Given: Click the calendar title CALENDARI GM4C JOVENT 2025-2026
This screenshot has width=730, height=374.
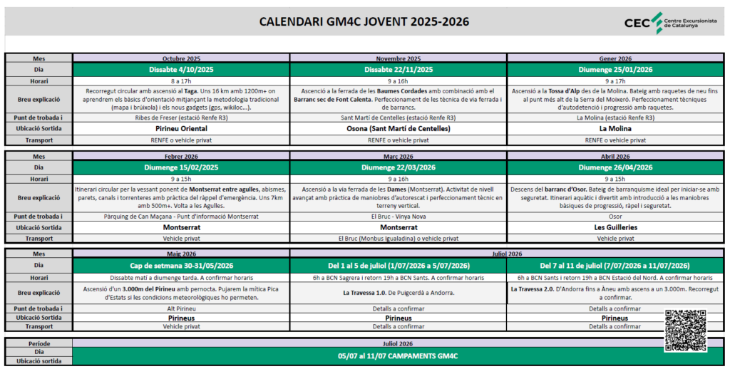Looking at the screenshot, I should tap(364, 21).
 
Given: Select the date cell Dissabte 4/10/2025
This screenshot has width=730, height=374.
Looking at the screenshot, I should tap(181, 70).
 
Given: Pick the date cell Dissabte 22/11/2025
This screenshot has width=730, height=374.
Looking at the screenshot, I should tap(399, 70).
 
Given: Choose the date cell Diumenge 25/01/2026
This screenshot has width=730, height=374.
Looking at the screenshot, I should tap(616, 70).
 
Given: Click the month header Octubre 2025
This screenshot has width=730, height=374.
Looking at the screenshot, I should tap(181, 58).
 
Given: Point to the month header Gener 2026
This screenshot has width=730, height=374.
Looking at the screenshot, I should tap(616, 58).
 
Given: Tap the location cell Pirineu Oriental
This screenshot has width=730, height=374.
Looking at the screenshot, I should tap(181, 129).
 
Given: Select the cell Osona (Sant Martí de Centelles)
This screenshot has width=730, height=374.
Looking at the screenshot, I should tap(399, 129).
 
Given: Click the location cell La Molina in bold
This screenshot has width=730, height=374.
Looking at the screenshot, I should tap(616, 129).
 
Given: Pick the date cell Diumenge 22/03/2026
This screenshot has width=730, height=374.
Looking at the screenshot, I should tap(399, 168).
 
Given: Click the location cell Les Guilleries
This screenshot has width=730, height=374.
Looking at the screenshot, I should tap(616, 227).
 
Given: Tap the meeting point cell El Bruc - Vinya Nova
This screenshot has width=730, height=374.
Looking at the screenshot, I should tap(399, 216).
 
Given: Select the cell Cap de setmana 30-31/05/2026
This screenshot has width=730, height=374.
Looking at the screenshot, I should tap(181, 266).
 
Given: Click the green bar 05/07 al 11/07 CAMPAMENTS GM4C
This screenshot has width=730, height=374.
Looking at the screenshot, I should tap(399, 355).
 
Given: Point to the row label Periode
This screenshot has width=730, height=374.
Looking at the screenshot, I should tap(38, 343).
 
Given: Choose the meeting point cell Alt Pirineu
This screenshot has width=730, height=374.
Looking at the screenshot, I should tap(181, 308).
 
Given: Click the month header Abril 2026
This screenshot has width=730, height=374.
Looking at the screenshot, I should tap(616, 157).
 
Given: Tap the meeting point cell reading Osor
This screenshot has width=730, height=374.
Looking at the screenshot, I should tap(616, 216).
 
